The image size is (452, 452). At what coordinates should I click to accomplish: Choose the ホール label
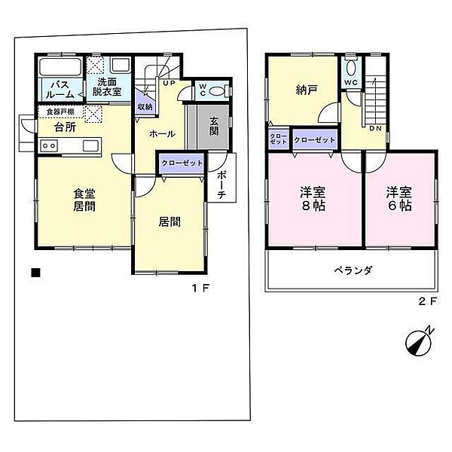(x=162, y=134)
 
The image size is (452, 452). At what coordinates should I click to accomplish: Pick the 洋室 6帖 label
(x=399, y=198)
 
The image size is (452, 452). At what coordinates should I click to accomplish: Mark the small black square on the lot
(x=35, y=273)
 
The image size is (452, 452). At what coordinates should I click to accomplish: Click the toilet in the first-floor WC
(x=217, y=91)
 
